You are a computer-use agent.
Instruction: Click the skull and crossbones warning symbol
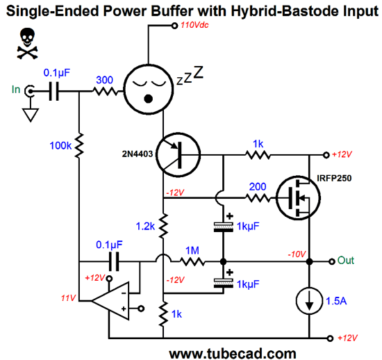[27, 43]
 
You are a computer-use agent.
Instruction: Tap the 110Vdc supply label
[194, 25]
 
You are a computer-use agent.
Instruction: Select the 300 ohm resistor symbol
[106, 92]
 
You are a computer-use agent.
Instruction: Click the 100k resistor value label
[60, 146]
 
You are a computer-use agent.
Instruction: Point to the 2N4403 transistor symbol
[178, 155]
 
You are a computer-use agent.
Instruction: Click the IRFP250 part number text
[334, 178]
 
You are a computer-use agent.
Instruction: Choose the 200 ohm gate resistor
[258, 198]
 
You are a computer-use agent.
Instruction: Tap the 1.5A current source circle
[309, 301]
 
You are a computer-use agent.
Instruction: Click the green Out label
[345, 261]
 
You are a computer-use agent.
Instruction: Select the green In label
[16, 90]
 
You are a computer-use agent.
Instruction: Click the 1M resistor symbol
[192, 262]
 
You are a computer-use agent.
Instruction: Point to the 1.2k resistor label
[145, 227]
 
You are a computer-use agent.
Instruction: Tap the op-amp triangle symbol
[110, 301]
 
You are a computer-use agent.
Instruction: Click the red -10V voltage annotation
[297, 254]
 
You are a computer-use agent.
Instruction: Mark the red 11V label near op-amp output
[68, 298]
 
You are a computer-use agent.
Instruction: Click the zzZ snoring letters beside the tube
[190, 75]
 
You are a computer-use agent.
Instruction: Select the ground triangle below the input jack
[31, 115]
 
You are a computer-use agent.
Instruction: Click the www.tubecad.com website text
[233, 354]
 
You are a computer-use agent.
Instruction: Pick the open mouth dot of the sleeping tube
[149, 99]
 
